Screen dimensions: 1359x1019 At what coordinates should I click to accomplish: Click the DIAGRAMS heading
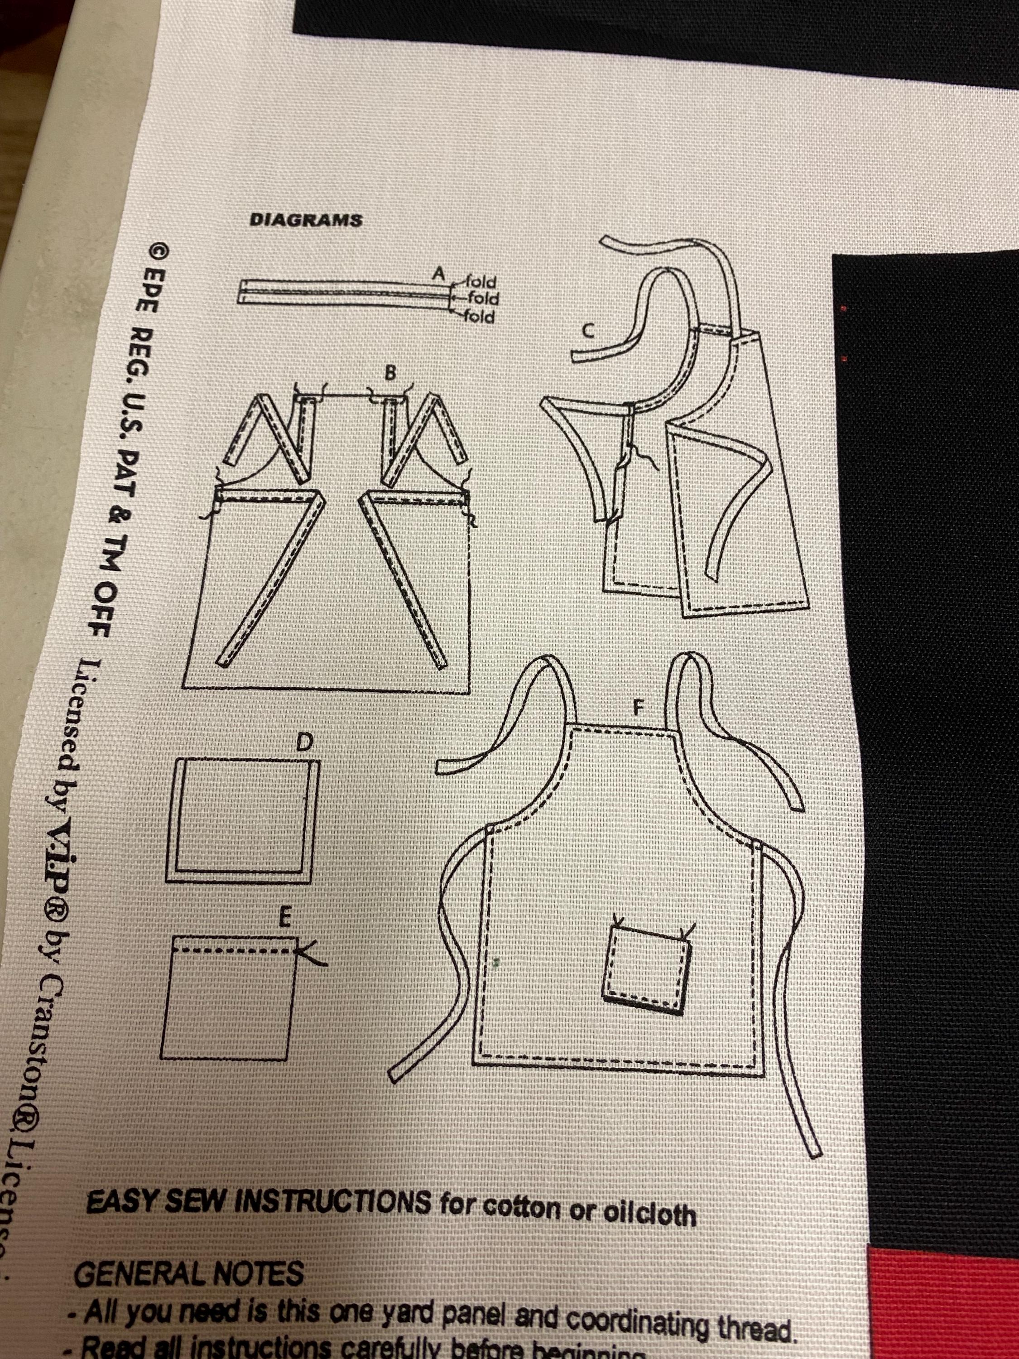[x=305, y=221]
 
